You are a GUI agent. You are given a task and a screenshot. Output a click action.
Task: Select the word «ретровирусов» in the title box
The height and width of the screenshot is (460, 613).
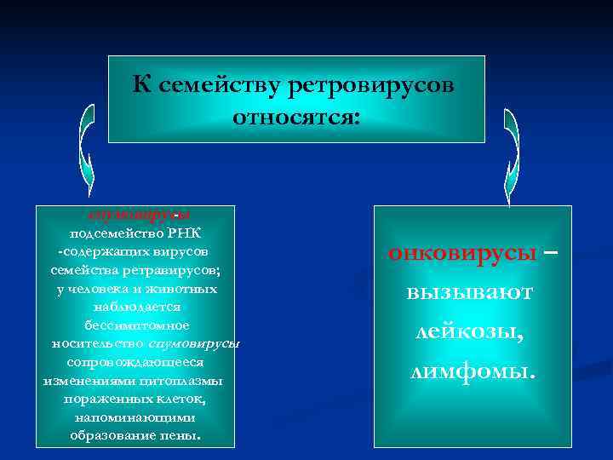pos(372,86)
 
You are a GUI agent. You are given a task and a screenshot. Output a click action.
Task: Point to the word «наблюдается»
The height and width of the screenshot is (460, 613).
pos(137,307)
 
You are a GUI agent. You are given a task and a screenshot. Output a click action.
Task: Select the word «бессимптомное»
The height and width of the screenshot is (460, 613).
pos(137,325)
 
